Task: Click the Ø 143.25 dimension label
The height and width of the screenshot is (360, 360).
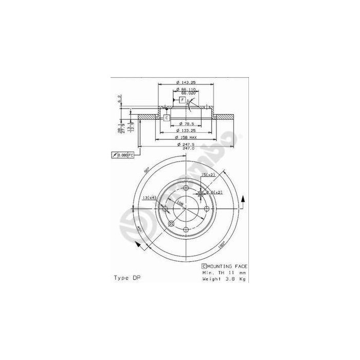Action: point(186,82)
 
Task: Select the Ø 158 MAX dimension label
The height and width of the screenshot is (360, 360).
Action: point(186,138)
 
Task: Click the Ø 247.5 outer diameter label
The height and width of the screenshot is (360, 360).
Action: point(186,145)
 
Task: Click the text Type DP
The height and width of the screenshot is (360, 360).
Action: point(127,278)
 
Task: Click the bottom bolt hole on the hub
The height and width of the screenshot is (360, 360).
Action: point(186,230)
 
